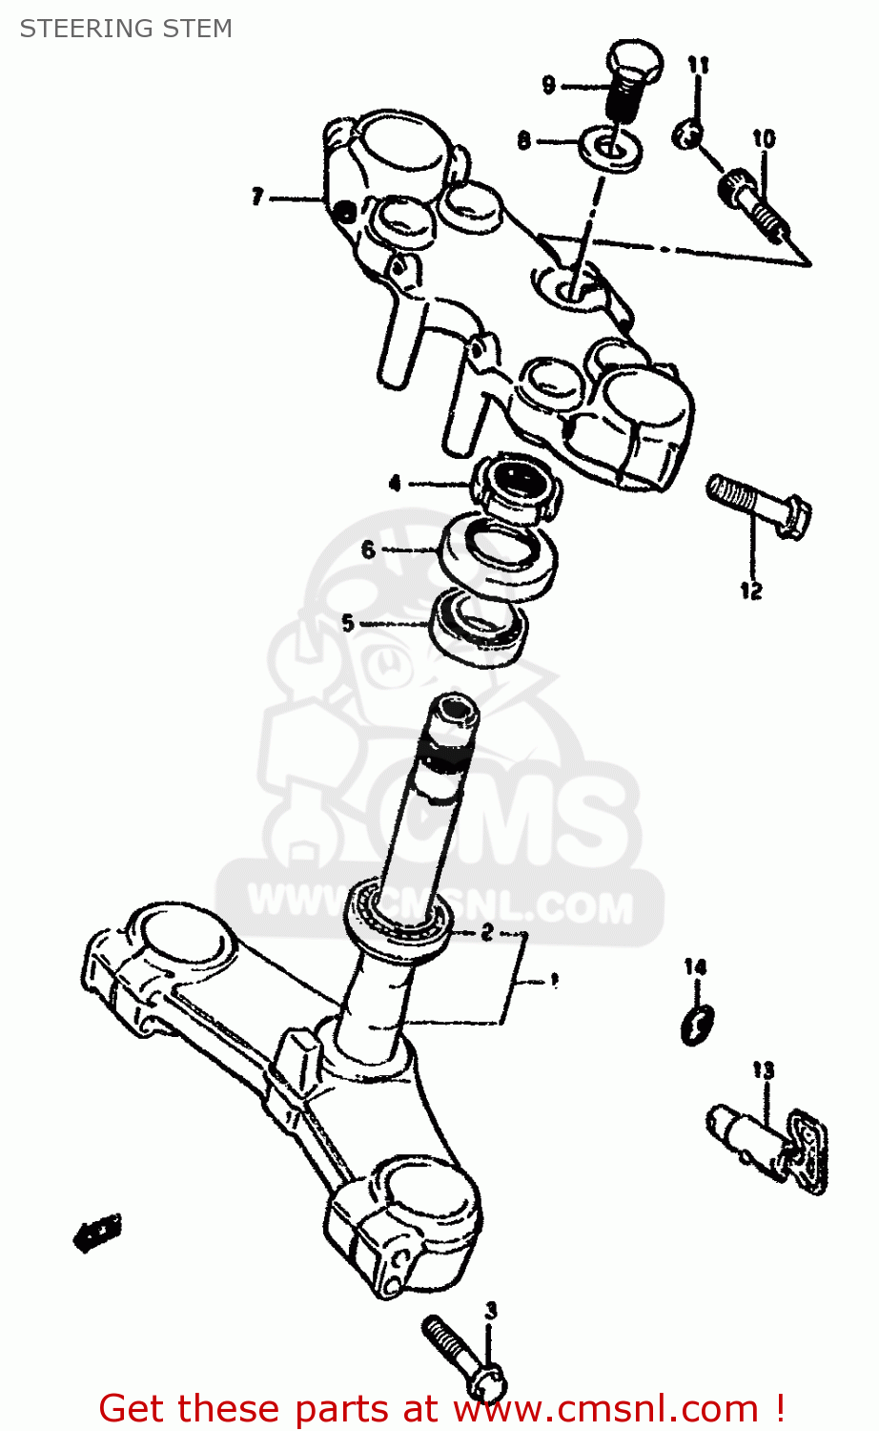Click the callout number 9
pos(548,86)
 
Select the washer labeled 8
pos(609,148)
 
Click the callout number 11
pos(699,65)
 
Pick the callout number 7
pos(256,197)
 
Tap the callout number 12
pos(751,591)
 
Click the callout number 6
pos(368,550)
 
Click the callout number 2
pos(486,932)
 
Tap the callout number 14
pos(695,967)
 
